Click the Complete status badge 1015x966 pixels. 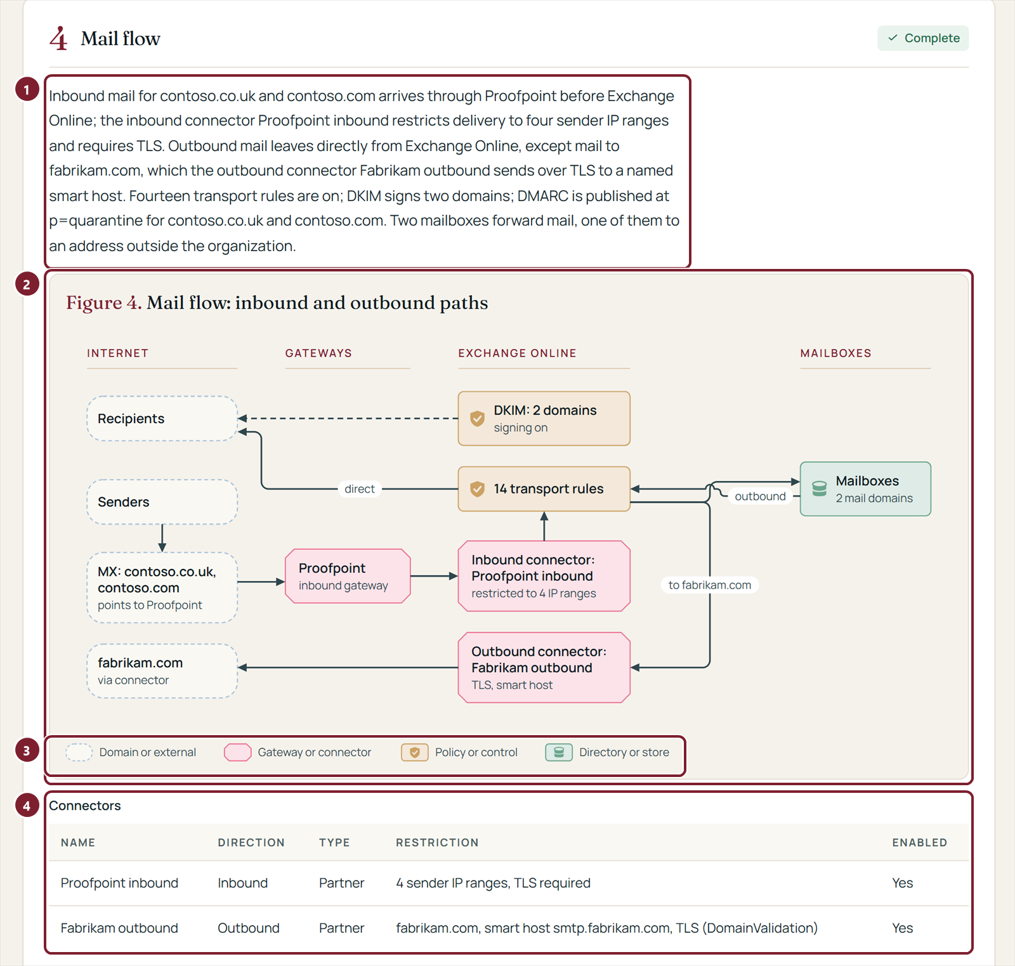pyautogui.click(x=923, y=38)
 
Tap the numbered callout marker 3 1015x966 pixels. pyautogui.click(x=27, y=751)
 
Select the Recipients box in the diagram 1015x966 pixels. pyautogui.click(x=162, y=419)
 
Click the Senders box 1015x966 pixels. pyautogui.click(x=162, y=502)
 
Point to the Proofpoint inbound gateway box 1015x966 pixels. pyautogui.click(x=348, y=576)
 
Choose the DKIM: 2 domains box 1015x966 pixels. pyautogui.click(x=544, y=419)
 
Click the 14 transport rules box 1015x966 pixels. pyautogui.click(x=544, y=489)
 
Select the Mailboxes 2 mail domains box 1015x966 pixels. pyautogui.click(x=865, y=489)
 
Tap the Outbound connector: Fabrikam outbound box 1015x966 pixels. pyautogui.click(x=544, y=667)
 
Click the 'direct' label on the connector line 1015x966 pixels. pyautogui.click(x=360, y=489)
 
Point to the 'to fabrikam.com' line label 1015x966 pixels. pyautogui.click(x=710, y=585)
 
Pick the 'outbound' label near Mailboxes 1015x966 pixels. pyautogui.click(x=760, y=497)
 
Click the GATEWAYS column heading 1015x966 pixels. pyautogui.click(x=318, y=353)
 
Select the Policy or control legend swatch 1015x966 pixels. pyautogui.click(x=414, y=752)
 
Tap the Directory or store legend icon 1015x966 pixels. pyautogui.click(x=559, y=752)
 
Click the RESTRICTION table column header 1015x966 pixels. pyautogui.click(x=437, y=842)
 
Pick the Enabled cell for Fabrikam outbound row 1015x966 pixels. pyautogui.click(x=902, y=928)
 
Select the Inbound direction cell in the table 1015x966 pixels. pyautogui.click(x=242, y=883)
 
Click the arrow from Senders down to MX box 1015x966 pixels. pyautogui.click(x=162, y=538)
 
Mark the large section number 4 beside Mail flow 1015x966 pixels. pyautogui.click(x=58, y=39)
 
